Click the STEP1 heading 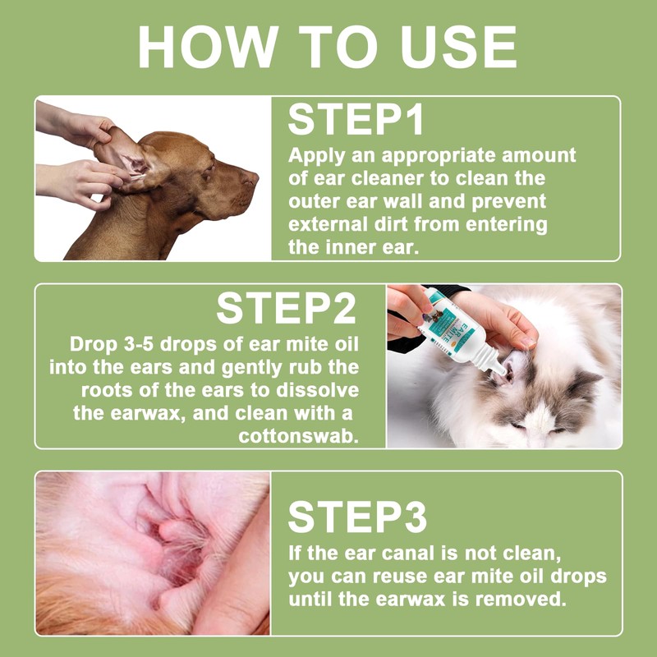[356, 119]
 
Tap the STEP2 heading [286, 309]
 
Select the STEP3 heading [357, 517]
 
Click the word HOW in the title [209, 47]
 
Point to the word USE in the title [459, 47]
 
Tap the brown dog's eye [208, 174]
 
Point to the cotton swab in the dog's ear [137, 177]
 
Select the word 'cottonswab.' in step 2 [299, 437]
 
